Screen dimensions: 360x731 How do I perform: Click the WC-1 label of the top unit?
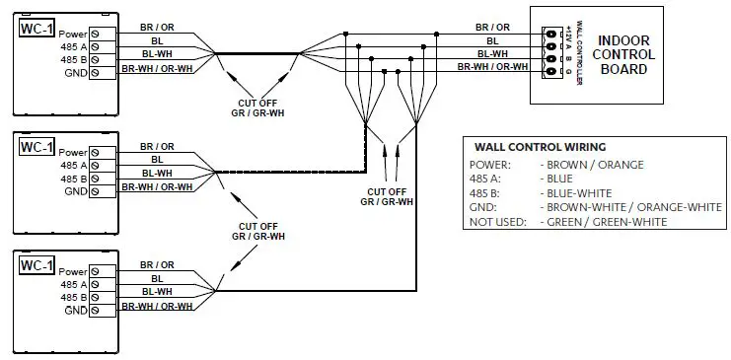pyautogui.click(x=36, y=30)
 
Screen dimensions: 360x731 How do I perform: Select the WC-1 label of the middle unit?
pyautogui.click(x=36, y=148)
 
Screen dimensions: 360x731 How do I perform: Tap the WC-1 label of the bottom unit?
pyautogui.click(x=36, y=265)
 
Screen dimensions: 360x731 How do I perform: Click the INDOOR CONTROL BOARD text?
pyautogui.click(x=623, y=55)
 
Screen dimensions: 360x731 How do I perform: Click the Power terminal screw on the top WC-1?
pyautogui.click(x=96, y=35)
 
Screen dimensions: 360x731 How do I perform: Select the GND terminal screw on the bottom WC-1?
pyautogui.click(x=96, y=309)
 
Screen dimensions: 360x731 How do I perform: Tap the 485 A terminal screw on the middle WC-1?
pyautogui.click(x=96, y=166)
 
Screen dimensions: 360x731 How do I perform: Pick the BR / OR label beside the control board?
pyautogui.click(x=492, y=27)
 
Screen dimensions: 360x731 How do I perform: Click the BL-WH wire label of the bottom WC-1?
pyautogui.click(x=157, y=292)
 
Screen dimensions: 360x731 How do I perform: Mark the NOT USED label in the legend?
pyautogui.click(x=496, y=222)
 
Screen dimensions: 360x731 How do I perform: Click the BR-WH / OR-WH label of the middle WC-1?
pyautogui.click(x=157, y=185)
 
